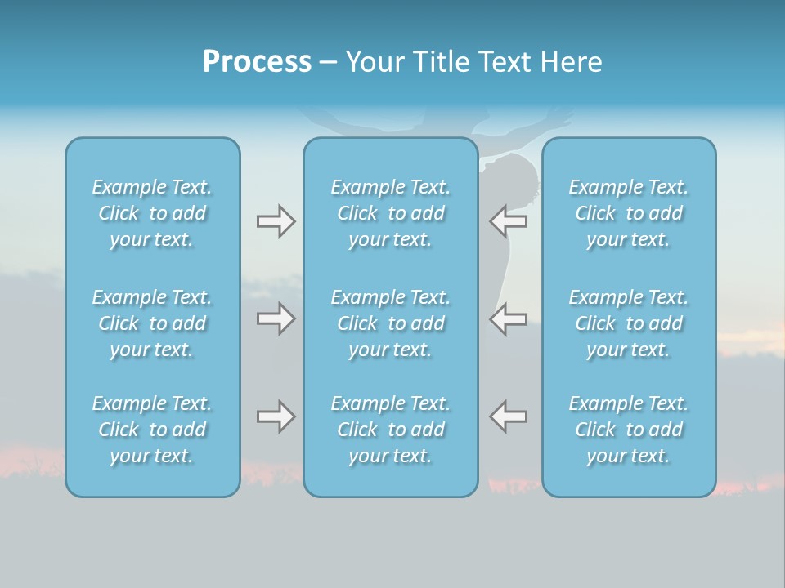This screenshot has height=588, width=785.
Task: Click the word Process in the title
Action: (x=257, y=62)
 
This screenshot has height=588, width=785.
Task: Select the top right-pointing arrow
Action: (x=276, y=221)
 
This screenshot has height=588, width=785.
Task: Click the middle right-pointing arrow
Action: (x=276, y=318)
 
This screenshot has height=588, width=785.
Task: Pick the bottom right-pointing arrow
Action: (x=276, y=416)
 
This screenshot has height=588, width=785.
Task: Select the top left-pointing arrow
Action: (x=508, y=221)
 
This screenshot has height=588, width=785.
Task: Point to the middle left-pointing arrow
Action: (x=508, y=318)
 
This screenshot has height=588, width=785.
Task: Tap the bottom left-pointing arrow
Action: (x=508, y=416)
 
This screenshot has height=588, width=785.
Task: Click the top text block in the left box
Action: (x=152, y=213)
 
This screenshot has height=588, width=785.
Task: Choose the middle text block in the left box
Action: (x=152, y=323)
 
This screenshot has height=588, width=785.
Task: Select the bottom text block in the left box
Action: (x=152, y=430)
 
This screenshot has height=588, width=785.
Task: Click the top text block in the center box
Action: (x=390, y=213)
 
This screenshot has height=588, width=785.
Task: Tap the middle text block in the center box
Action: (x=390, y=323)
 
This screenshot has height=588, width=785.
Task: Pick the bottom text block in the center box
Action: (x=390, y=430)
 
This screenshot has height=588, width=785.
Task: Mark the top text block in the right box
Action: (x=628, y=213)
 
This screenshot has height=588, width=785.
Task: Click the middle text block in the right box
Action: (x=628, y=323)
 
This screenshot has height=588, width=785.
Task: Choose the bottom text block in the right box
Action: (x=628, y=430)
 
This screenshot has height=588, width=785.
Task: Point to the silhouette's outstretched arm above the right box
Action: (x=540, y=122)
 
